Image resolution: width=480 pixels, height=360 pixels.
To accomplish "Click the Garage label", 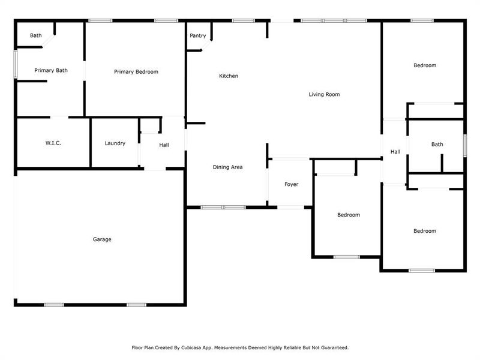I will [x=102, y=239].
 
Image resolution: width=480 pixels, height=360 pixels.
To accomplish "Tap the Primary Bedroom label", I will [x=136, y=72].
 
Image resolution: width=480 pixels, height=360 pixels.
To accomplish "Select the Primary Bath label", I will [x=51, y=71].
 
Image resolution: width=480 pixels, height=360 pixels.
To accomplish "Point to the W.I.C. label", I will [x=53, y=143].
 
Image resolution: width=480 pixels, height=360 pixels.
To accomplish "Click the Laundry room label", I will [x=115, y=143].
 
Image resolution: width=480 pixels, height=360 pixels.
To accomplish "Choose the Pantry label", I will [x=198, y=36].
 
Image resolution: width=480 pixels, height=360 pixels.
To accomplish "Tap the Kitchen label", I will [x=229, y=76].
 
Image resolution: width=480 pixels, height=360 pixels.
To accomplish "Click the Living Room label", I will [x=325, y=94].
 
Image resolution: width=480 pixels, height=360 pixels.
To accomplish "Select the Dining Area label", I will [x=228, y=167].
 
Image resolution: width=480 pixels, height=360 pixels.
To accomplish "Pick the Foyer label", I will [x=291, y=184].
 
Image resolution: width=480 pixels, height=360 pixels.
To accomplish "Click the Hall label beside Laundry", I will [x=164, y=145].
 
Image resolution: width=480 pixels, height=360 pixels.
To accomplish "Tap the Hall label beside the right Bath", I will [x=395, y=152].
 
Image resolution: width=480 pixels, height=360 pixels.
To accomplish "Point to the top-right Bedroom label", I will [x=425, y=65].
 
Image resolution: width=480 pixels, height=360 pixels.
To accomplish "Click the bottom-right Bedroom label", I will [x=425, y=231].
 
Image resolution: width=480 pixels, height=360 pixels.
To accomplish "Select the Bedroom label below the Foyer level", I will [x=348, y=215].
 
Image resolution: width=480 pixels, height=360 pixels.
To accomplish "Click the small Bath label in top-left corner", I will [x=36, y=36].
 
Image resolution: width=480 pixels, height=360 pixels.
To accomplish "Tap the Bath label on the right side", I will [x=437, y=144].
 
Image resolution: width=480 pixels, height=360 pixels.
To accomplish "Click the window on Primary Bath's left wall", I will [x=15, y=64].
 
